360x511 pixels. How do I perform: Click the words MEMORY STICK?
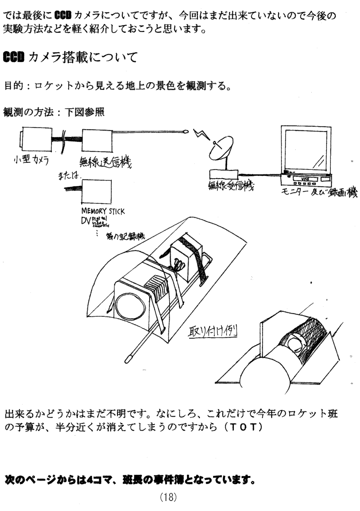coord(103,212)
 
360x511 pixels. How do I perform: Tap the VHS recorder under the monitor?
coord(307,179)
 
